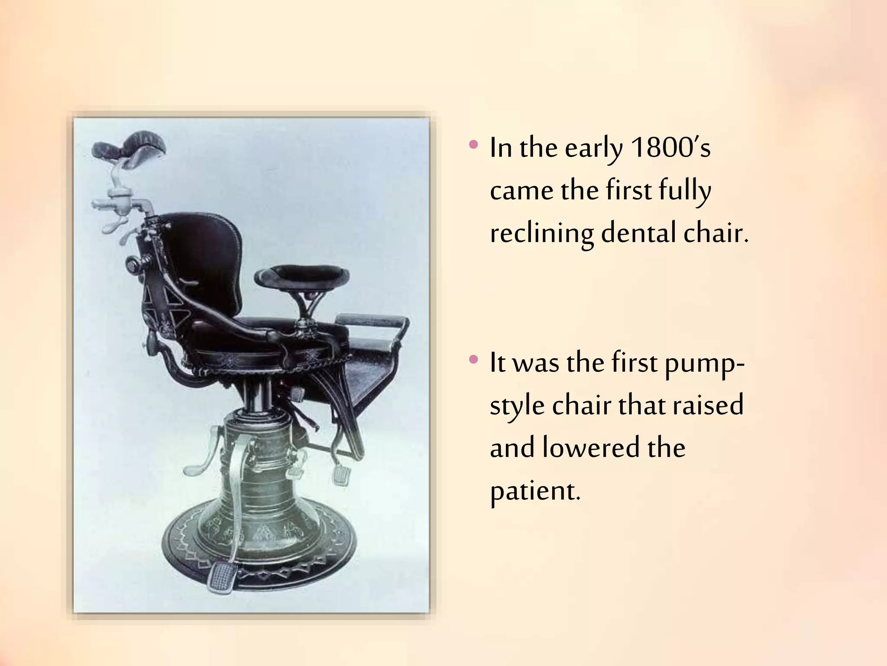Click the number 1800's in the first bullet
[x=670, y=148]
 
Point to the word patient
[x=534, y=492]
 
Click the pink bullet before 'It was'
[x=474, y=359]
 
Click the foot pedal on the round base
[x=221, y=577]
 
